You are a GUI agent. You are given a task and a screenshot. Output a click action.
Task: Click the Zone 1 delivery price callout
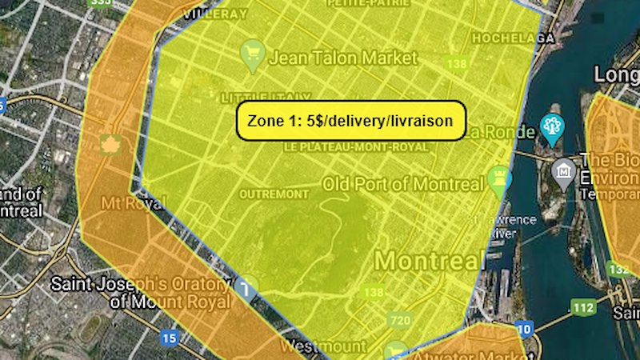[350, 121]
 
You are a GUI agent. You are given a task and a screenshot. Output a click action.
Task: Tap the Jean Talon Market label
[344, 58]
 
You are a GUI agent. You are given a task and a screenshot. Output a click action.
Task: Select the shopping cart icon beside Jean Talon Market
[253, 54]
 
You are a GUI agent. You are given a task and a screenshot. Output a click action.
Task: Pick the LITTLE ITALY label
[255, 97]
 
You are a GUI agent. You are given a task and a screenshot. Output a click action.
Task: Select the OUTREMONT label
[274, 194]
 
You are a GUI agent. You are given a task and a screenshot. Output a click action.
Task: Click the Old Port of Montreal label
[402, 184]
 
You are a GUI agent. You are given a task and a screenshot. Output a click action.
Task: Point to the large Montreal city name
[430, 260]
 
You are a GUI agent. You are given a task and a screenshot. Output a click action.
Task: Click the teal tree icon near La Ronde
[551, 125]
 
